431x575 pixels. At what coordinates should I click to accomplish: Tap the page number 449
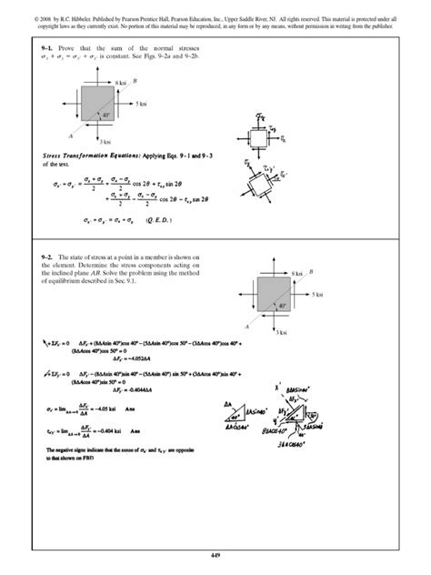point(215,553)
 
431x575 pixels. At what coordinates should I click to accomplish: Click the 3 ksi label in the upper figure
point(106,142)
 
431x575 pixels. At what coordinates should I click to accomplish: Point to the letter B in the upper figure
point(135,80)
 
